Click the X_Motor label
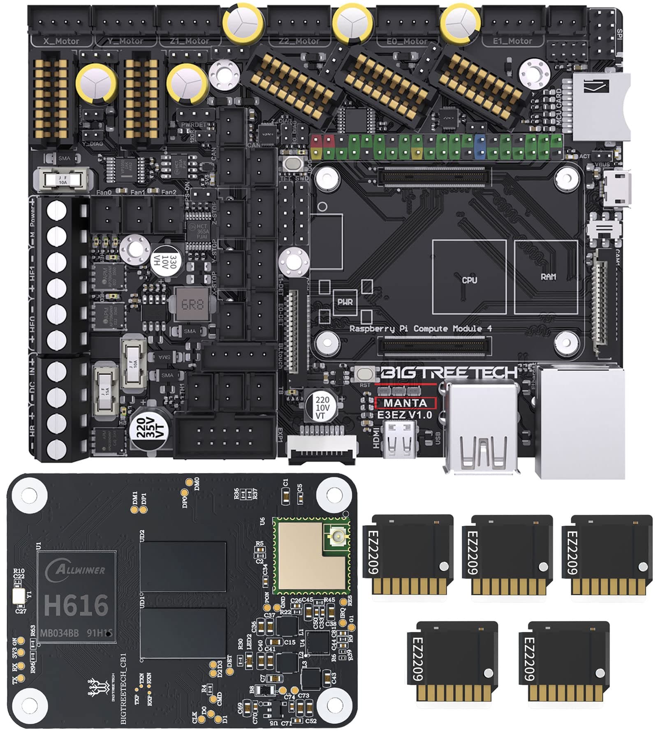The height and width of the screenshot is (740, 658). coord(61,41)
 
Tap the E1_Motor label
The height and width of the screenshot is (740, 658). coord(512,41)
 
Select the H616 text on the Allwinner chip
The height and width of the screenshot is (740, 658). coord(76,605)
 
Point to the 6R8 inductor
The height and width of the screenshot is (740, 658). coord(192,305)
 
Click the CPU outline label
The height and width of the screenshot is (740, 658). coord(469,280)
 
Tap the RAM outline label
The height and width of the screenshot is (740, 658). coord(549,277)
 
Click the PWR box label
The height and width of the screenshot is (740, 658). coord(345,302)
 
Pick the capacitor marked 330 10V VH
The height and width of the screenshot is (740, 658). coord(166,261)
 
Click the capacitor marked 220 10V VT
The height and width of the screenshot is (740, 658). coord(322,407)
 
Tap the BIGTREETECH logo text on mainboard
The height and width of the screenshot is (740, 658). coord(448,372)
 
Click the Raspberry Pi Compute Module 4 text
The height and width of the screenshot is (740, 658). coord(420,328)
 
